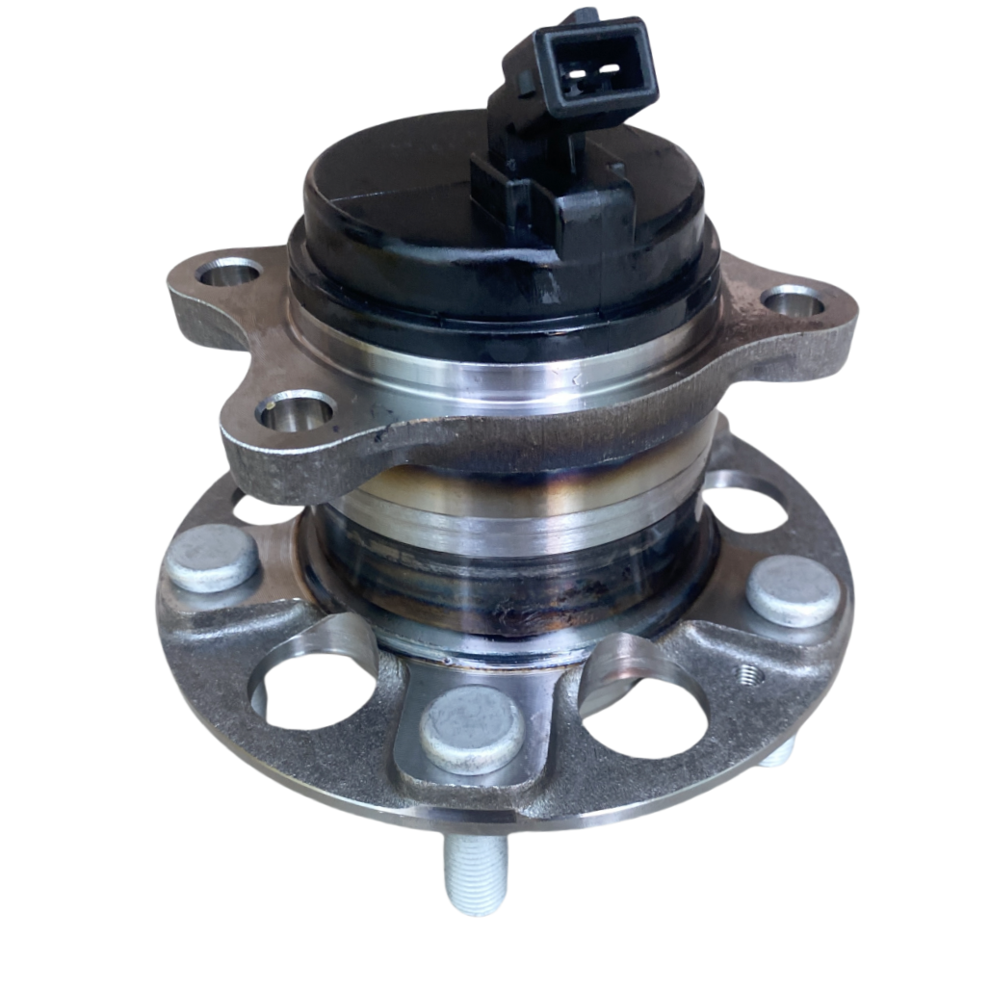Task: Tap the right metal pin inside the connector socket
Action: point(610,70)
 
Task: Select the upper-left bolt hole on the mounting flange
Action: point(228,273)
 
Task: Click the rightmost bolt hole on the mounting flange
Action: point(795,301)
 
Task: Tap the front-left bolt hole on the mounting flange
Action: point(295,412)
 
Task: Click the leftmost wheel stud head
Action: point(213,559)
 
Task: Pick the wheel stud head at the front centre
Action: point(471,730)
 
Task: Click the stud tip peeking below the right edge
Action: point(782,751)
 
